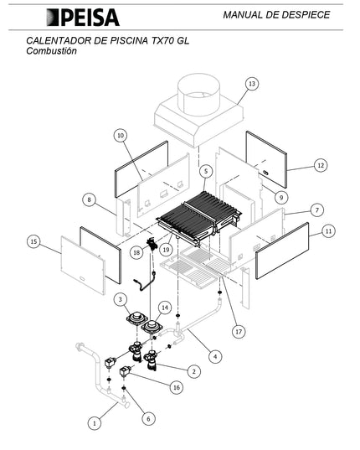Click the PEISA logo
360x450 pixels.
[x=83, y=18]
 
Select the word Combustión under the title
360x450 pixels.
[x=52, y=51]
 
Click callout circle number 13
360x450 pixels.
[x=252, y=84]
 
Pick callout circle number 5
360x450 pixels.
[x=205, y=171]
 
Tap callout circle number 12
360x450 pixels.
[x=321, y=165]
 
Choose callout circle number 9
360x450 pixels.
[x=281, y=198]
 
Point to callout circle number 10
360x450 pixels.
[x=121, y=135]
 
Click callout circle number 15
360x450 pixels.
[x=33, y=241]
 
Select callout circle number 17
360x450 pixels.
[x=239, y=332]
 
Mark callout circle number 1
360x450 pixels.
[x=95, y=423]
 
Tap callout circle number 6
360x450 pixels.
[x=148, y=419]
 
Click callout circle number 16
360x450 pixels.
[x=177, y=387]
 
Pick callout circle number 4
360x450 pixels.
[x=215, y=357]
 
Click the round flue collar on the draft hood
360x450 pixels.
[x=198, y=95]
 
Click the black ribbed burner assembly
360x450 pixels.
[x=199, y=218]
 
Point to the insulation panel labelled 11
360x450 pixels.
[x=282, y=251]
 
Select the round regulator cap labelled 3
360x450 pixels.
[x=137, y=318]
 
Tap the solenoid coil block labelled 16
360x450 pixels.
[x=126, y=371]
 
